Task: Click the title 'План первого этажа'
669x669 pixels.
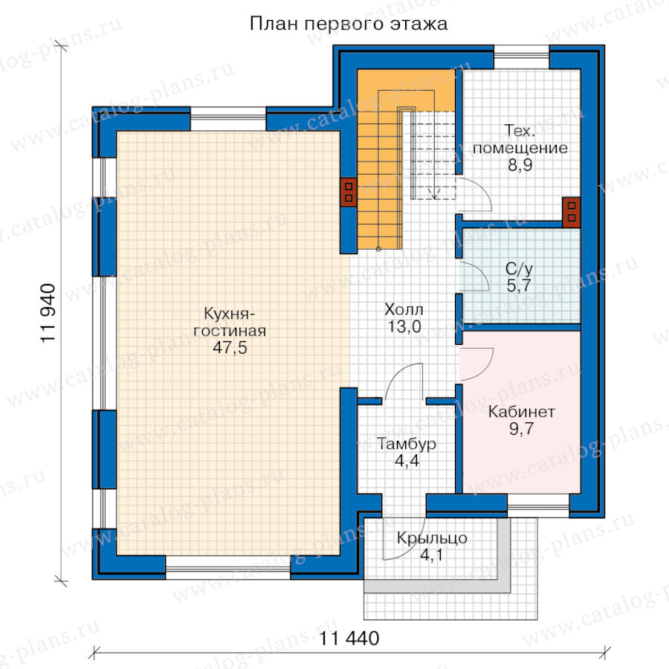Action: [x=348, y=24]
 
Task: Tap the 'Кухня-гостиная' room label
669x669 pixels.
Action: [x=230, y=322]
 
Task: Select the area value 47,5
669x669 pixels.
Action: [x=230, y=348]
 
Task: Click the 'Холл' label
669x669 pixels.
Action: [x=404, y=309]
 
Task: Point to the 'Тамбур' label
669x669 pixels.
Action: [x=407, y=445]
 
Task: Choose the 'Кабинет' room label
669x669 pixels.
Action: [x=521, y=412]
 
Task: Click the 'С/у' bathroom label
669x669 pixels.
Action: [x=519, y=269]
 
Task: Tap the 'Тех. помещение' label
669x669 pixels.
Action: [x=520, y=140]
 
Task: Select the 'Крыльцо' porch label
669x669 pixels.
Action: [x=432, y=538]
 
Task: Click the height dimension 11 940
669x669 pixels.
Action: [x=48, y=313]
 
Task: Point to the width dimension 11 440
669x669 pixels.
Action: [x=349, y=639]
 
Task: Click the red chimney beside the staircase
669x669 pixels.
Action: [x=349, y=192]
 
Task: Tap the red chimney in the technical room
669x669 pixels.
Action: [x=572, y=212]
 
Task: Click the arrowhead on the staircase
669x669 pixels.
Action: [x=434, y=195]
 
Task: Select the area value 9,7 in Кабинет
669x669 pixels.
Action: [x=521, y=429]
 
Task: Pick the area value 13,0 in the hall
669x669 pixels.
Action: [x=404, y=327]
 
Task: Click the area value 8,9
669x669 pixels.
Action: [x=520, y=165]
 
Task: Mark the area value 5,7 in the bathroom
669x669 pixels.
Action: [x=519, y=285]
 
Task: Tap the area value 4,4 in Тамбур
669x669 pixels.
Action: [x=407, y=461]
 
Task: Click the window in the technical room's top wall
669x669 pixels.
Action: [x=521, y=56]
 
